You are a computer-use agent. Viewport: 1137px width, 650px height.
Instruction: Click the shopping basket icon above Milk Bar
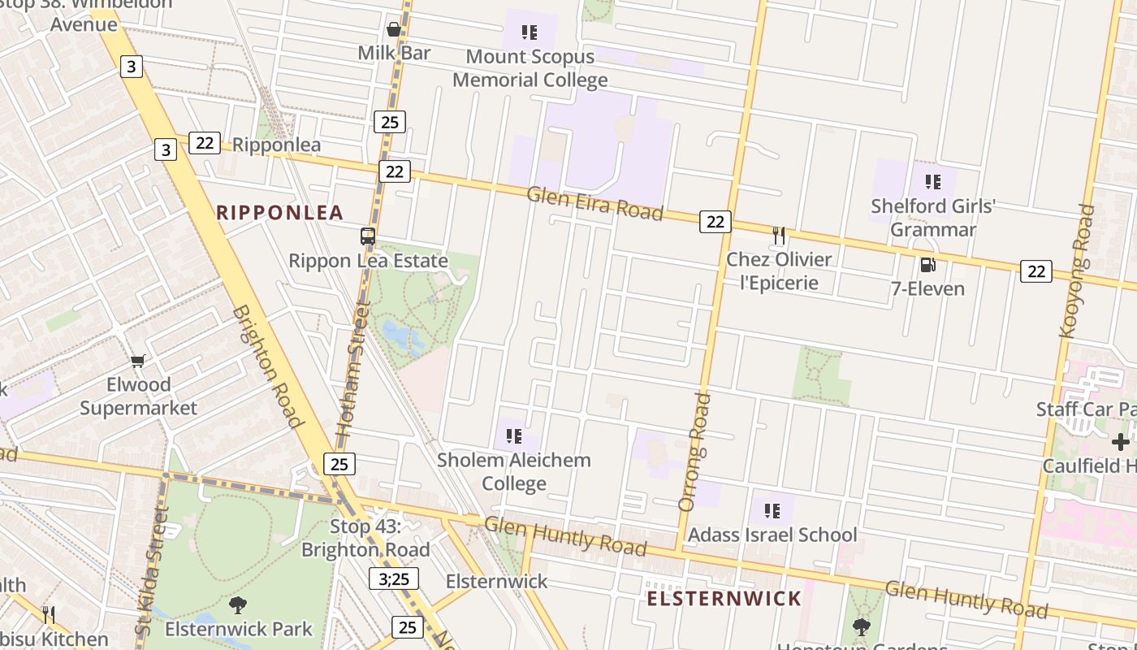tap(394, 30)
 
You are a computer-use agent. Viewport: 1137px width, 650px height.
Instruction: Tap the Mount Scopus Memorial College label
tap(530, 68)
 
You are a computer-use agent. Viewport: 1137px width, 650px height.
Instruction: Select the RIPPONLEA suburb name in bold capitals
tap(280, 213)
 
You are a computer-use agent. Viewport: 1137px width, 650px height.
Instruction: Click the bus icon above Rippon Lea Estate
tap(368, 236)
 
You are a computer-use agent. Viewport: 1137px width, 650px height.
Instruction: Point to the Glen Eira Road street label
tap(594, 203)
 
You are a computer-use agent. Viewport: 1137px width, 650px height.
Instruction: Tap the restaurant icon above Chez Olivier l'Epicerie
tap(779, 236)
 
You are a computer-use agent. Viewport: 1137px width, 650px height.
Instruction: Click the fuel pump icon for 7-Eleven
tap(927, 265)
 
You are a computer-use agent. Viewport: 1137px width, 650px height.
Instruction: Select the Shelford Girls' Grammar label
tap(933, 218)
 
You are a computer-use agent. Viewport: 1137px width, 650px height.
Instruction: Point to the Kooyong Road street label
tap(1077, 271)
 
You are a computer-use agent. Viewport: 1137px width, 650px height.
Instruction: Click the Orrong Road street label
tap(694, 452)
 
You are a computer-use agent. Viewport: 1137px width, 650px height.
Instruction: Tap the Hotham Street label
tap(352, 370)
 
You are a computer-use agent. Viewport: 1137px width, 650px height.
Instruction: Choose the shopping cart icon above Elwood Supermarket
tap(138, 361)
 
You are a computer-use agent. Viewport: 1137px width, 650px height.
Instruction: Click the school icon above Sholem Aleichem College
tap(513, 436)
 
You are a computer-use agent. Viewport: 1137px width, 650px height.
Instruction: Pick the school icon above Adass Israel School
tap(772, 511)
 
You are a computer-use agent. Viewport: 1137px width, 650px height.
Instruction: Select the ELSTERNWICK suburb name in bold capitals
tap(724, 600)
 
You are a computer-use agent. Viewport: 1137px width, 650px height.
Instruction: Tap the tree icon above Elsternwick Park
tap(238, 604)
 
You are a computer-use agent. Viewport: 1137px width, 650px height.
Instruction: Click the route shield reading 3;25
tap(394, 578)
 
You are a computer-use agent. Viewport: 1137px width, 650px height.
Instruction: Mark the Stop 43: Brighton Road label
tap(365, 538)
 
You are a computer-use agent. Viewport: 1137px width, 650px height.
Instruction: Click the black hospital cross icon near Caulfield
tap(1121, 442)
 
